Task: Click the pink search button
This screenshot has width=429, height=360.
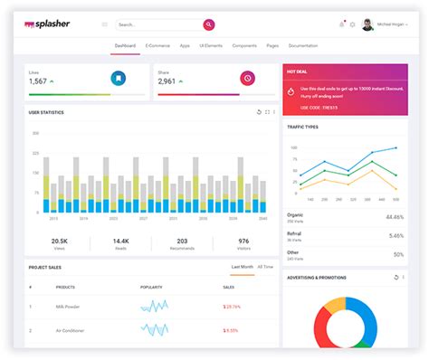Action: (209, 24)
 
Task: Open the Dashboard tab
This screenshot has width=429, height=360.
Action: (126, 45)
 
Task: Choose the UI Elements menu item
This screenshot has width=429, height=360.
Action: (210, 45)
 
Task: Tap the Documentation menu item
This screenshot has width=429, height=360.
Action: (303, 45)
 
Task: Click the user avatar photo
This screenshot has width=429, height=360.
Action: (368, 24)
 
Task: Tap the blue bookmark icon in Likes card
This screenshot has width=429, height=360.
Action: (118, 79)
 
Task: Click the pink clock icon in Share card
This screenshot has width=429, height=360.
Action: (246, 79)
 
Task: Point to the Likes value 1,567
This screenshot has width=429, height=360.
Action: (38, 81)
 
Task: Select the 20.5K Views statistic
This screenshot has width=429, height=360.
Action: (60, 242)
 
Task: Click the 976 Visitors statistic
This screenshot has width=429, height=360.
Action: (243, 242)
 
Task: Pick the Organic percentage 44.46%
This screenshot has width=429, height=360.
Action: (395, 217)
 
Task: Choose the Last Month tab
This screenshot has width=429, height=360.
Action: (242, 267)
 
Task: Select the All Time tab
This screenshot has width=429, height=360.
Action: (265, 267)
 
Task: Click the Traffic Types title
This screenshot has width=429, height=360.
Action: (303, 127)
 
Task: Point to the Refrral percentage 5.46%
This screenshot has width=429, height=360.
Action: (396, 235)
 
